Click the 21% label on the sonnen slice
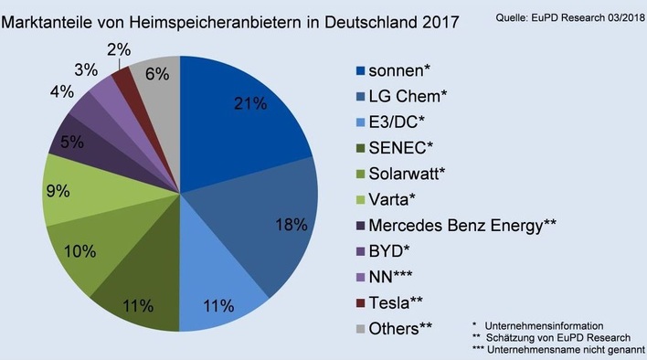[x=250, y=103]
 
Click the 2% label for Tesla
[x=118, y=50]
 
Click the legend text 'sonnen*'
[x=400, y=71]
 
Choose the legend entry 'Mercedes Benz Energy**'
[x=462, y=224]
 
